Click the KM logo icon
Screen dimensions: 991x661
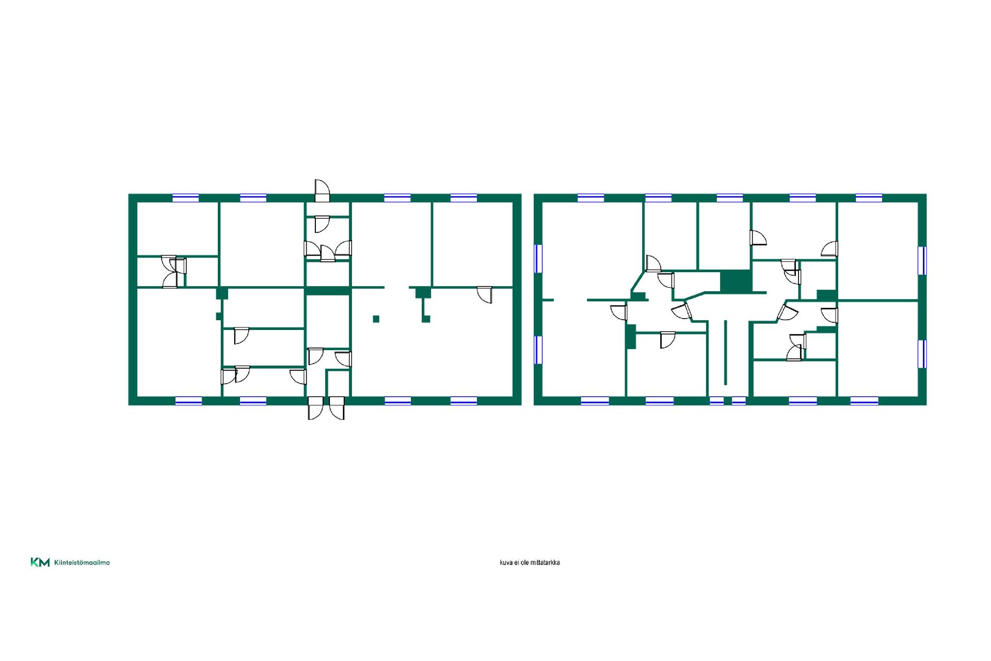tap(40, 562)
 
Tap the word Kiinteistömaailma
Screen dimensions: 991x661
tap(82, 562)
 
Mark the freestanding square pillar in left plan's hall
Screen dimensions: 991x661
tap(376, 319)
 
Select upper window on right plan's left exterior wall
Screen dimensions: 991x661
tap(538, 258)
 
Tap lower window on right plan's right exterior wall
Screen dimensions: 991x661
tap(922, 354)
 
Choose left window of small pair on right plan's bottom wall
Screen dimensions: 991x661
tap(716, 401)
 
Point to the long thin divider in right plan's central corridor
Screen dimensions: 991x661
tap(725, 352)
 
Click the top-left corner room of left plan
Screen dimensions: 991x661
tap(177, 228)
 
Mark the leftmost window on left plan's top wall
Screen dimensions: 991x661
tap(185, 198)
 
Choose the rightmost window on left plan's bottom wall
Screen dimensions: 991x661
tap(463, 401)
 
